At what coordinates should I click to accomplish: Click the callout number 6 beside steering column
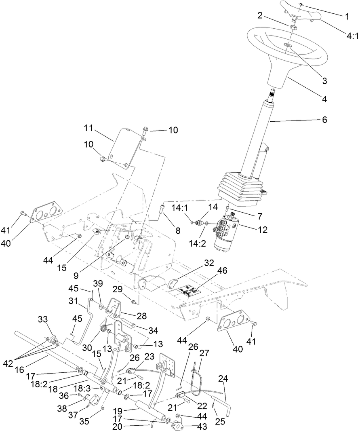coord(324,120)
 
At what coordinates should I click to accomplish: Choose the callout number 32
coord(208,262)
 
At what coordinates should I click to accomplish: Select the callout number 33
coord(43,319)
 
